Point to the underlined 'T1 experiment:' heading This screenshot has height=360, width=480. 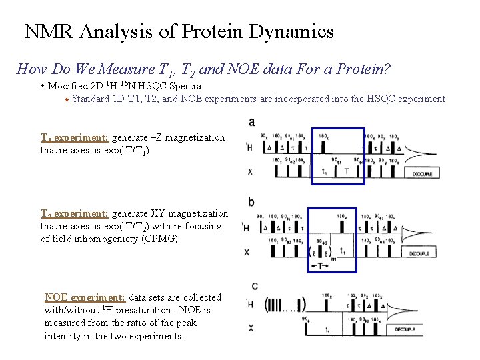click(x=75, y=137)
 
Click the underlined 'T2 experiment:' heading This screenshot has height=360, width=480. click(x=75, y=214)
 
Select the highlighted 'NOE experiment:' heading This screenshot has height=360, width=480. click(x=85, y=297)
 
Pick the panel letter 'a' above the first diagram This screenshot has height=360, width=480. click(x=251, y=122)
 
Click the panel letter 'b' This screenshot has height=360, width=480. click(x=251, y=201)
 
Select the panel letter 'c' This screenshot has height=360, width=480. click(x=255, y=285)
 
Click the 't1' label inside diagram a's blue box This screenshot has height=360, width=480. click(x=324, y=171)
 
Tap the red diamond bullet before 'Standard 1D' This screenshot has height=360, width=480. click(x=67, y=99)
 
